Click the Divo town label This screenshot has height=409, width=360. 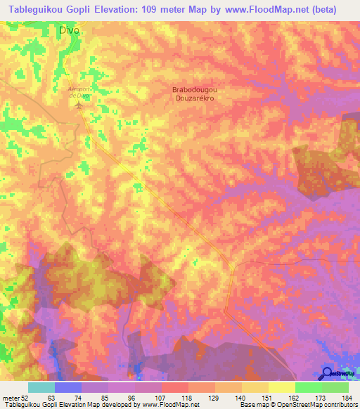pyautogui.click(x=69, y=31)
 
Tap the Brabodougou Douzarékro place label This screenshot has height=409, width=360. pyautogui.click(x=193, y=94)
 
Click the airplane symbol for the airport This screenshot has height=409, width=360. pyautogui.click(x=79, y=105)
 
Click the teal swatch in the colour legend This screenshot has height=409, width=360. pyautogui.click(x=41, y=387)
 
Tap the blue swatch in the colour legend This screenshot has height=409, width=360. pyautogui.click(x=68, y=387)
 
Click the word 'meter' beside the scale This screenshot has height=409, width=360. pyautogui.click(x=10, y=398)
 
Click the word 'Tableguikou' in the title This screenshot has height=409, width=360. pyautogui.click(x=32, y=9)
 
